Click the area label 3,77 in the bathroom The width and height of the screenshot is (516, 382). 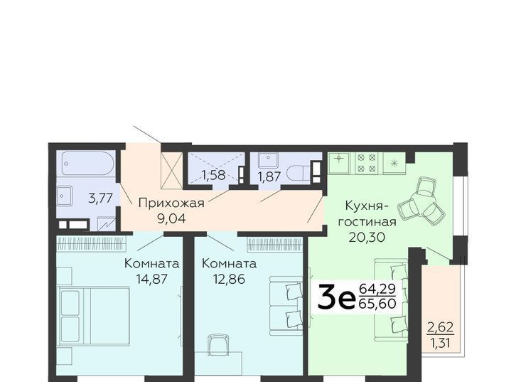(101, 198)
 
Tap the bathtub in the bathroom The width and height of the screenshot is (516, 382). (87, 164)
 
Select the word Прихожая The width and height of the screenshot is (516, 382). (171, 203)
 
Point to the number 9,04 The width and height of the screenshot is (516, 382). (171, 218)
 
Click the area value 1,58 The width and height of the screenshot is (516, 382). (213, 175)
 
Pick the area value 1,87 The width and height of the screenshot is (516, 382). (269, 177)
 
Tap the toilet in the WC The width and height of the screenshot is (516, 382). (298, 174)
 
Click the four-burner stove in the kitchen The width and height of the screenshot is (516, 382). (367, 163)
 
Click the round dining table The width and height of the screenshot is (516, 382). (418, 206)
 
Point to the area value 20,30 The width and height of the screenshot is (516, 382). (367, 237)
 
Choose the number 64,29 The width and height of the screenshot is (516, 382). (377, 289)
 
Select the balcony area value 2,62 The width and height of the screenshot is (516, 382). (441, 327)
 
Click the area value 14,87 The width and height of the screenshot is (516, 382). (152, 279)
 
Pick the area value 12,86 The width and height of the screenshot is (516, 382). (229, 279)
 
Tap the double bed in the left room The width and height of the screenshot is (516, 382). (93, 316)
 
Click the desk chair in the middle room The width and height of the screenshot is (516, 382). (219, 344)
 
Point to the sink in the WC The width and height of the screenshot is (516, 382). (268, 160)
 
